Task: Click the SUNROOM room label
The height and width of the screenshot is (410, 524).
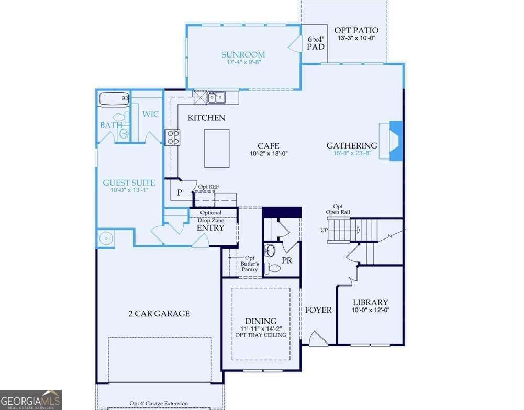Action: pos(243,54)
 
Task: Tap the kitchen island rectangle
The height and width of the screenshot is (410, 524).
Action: pos(217,148)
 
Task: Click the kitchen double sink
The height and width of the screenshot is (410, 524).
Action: pos(216,97)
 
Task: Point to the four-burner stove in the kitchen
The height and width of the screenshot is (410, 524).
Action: pos(172,138)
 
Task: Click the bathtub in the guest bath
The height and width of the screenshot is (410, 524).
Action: pos(114,98)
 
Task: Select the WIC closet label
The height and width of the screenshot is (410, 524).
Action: pos(150,114)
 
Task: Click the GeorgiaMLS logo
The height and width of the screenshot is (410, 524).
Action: pos(31,400)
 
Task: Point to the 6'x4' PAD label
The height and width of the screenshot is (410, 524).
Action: pos(316,43)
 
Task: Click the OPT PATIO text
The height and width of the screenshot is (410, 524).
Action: pos(356,30)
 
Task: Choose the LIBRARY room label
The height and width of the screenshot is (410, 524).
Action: pos(370,302)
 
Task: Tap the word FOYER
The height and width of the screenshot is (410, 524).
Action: pos(318,310)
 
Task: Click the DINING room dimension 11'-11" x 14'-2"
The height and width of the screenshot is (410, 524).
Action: pos(261,328)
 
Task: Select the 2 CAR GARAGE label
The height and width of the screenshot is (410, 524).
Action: pos(159,313)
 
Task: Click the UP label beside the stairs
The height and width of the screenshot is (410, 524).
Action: pos(324,230)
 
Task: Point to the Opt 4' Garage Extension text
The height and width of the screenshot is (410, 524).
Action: pos(159,403)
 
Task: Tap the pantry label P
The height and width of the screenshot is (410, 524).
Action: pos(180,192)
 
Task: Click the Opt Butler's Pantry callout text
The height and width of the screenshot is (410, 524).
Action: pos(250,264)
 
